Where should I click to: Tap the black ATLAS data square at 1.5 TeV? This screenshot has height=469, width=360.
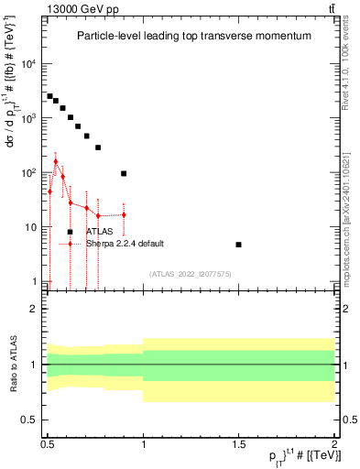click(238, 245)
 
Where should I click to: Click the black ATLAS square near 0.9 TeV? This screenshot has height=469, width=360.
click(124, 173)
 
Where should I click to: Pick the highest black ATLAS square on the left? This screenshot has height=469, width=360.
click(49, 95)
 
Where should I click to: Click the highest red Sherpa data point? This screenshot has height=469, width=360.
click(55, 161)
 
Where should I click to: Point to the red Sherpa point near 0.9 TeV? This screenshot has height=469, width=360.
click(124, 214)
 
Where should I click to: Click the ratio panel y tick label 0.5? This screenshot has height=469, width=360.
click(28, 420)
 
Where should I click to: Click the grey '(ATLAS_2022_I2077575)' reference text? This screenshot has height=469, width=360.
click(191, 274)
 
